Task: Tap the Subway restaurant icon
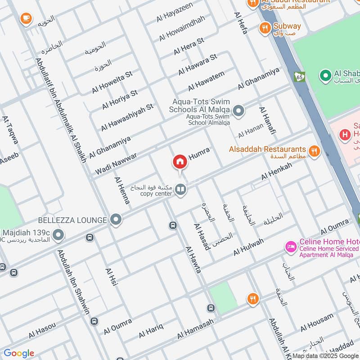pos(265,28)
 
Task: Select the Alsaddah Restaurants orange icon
pos(315,151)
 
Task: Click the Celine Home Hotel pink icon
pos(291,247)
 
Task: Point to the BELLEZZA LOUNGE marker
pos(117,220)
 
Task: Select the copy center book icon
pos(181,190)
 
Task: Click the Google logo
pos(19,353)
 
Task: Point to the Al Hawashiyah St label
pos(127,117)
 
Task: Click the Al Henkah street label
pos(276,172)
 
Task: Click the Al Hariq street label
pos(150,330)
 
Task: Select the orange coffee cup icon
pos(26,18)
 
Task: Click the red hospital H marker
pos(345,134)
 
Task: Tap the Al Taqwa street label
pos(10,130)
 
